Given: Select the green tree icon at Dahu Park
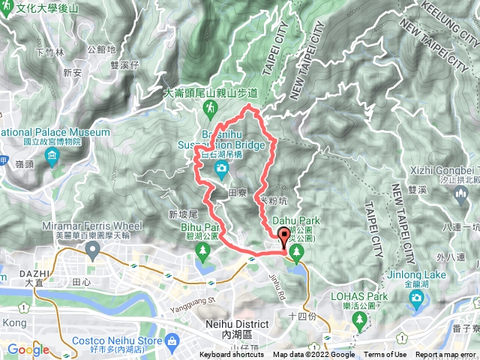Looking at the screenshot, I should (298, 251).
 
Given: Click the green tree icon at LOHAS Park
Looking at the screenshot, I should (360, 320).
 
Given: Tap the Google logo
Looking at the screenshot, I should (28, 349).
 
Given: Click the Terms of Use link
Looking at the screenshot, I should (385, 355).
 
